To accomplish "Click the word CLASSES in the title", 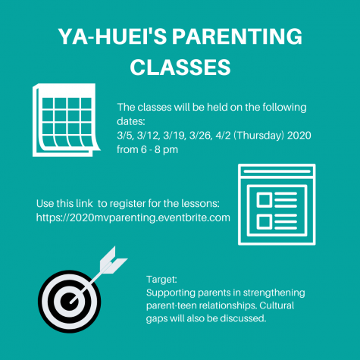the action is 180,67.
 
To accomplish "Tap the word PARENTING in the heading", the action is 237,36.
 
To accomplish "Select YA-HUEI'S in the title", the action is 112,36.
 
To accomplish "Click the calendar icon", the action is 67,120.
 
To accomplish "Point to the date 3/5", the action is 125,136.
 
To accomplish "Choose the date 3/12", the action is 149,136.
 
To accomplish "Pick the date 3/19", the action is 174,136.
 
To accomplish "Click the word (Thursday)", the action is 259,136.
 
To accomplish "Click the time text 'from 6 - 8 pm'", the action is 147,149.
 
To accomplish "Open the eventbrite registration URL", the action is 133,218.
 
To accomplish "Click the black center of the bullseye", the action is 69,302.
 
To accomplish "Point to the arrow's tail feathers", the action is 113,261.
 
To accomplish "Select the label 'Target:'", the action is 161,280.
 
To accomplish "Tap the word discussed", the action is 243,318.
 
